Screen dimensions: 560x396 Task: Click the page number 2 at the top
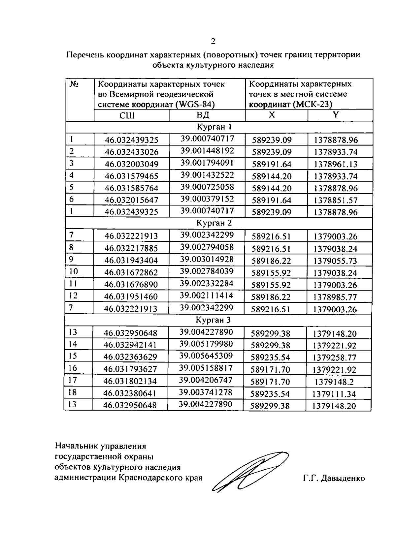coord(213,41)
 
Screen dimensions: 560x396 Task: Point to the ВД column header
coord(203,115)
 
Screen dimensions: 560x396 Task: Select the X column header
coord(271,115)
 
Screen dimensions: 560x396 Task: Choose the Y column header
coord(336,115)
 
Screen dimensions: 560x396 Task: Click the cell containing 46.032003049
coord(132,164)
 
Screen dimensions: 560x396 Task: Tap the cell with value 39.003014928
coord(207,259)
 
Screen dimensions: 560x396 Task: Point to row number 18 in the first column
coord(72,392)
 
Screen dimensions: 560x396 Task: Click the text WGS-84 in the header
coord(195,105)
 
